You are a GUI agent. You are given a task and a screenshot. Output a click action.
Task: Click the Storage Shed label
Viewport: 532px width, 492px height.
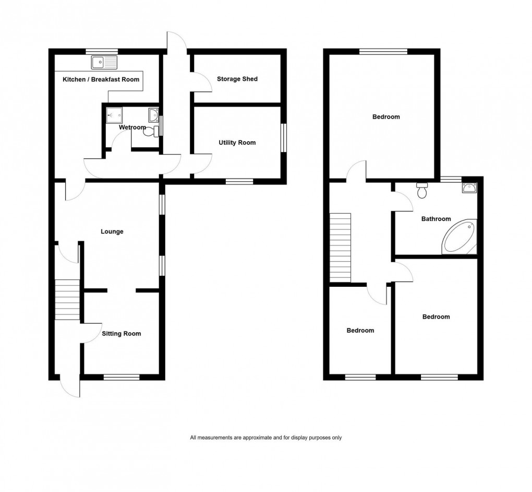coord(237,79)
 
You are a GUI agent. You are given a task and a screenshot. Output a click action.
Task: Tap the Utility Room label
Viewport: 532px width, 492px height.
coord(237,143)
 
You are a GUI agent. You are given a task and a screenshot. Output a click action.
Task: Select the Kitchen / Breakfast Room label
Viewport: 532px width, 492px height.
coord(101,79)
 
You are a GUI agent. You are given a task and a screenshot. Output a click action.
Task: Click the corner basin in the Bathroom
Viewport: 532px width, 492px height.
coord(469,188)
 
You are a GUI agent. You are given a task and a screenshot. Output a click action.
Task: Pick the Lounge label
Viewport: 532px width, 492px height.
coord(112,231)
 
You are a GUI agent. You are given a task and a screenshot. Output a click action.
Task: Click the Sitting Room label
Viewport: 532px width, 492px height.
coord(122,333)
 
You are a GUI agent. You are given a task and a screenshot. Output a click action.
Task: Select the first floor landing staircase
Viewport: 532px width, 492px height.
coord(341,248)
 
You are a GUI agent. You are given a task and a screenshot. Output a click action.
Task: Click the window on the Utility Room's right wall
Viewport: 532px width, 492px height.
coord(284,137)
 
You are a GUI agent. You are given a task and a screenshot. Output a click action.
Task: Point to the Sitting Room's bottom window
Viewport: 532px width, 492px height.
coord(122,377)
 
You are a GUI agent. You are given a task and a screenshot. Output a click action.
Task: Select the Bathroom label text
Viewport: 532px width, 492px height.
coord(436,219)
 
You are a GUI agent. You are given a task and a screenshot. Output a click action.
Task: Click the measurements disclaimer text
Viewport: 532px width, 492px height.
coord(266,438)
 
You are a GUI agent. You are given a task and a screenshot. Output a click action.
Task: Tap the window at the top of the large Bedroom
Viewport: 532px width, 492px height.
coord(383,51)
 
